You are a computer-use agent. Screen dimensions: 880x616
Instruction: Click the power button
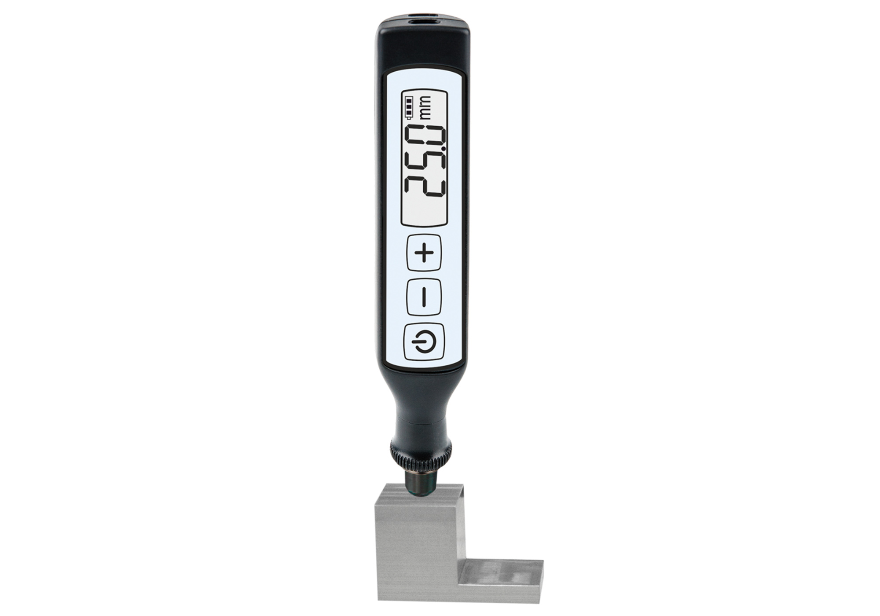424,341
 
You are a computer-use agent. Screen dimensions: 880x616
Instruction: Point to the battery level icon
410,108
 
